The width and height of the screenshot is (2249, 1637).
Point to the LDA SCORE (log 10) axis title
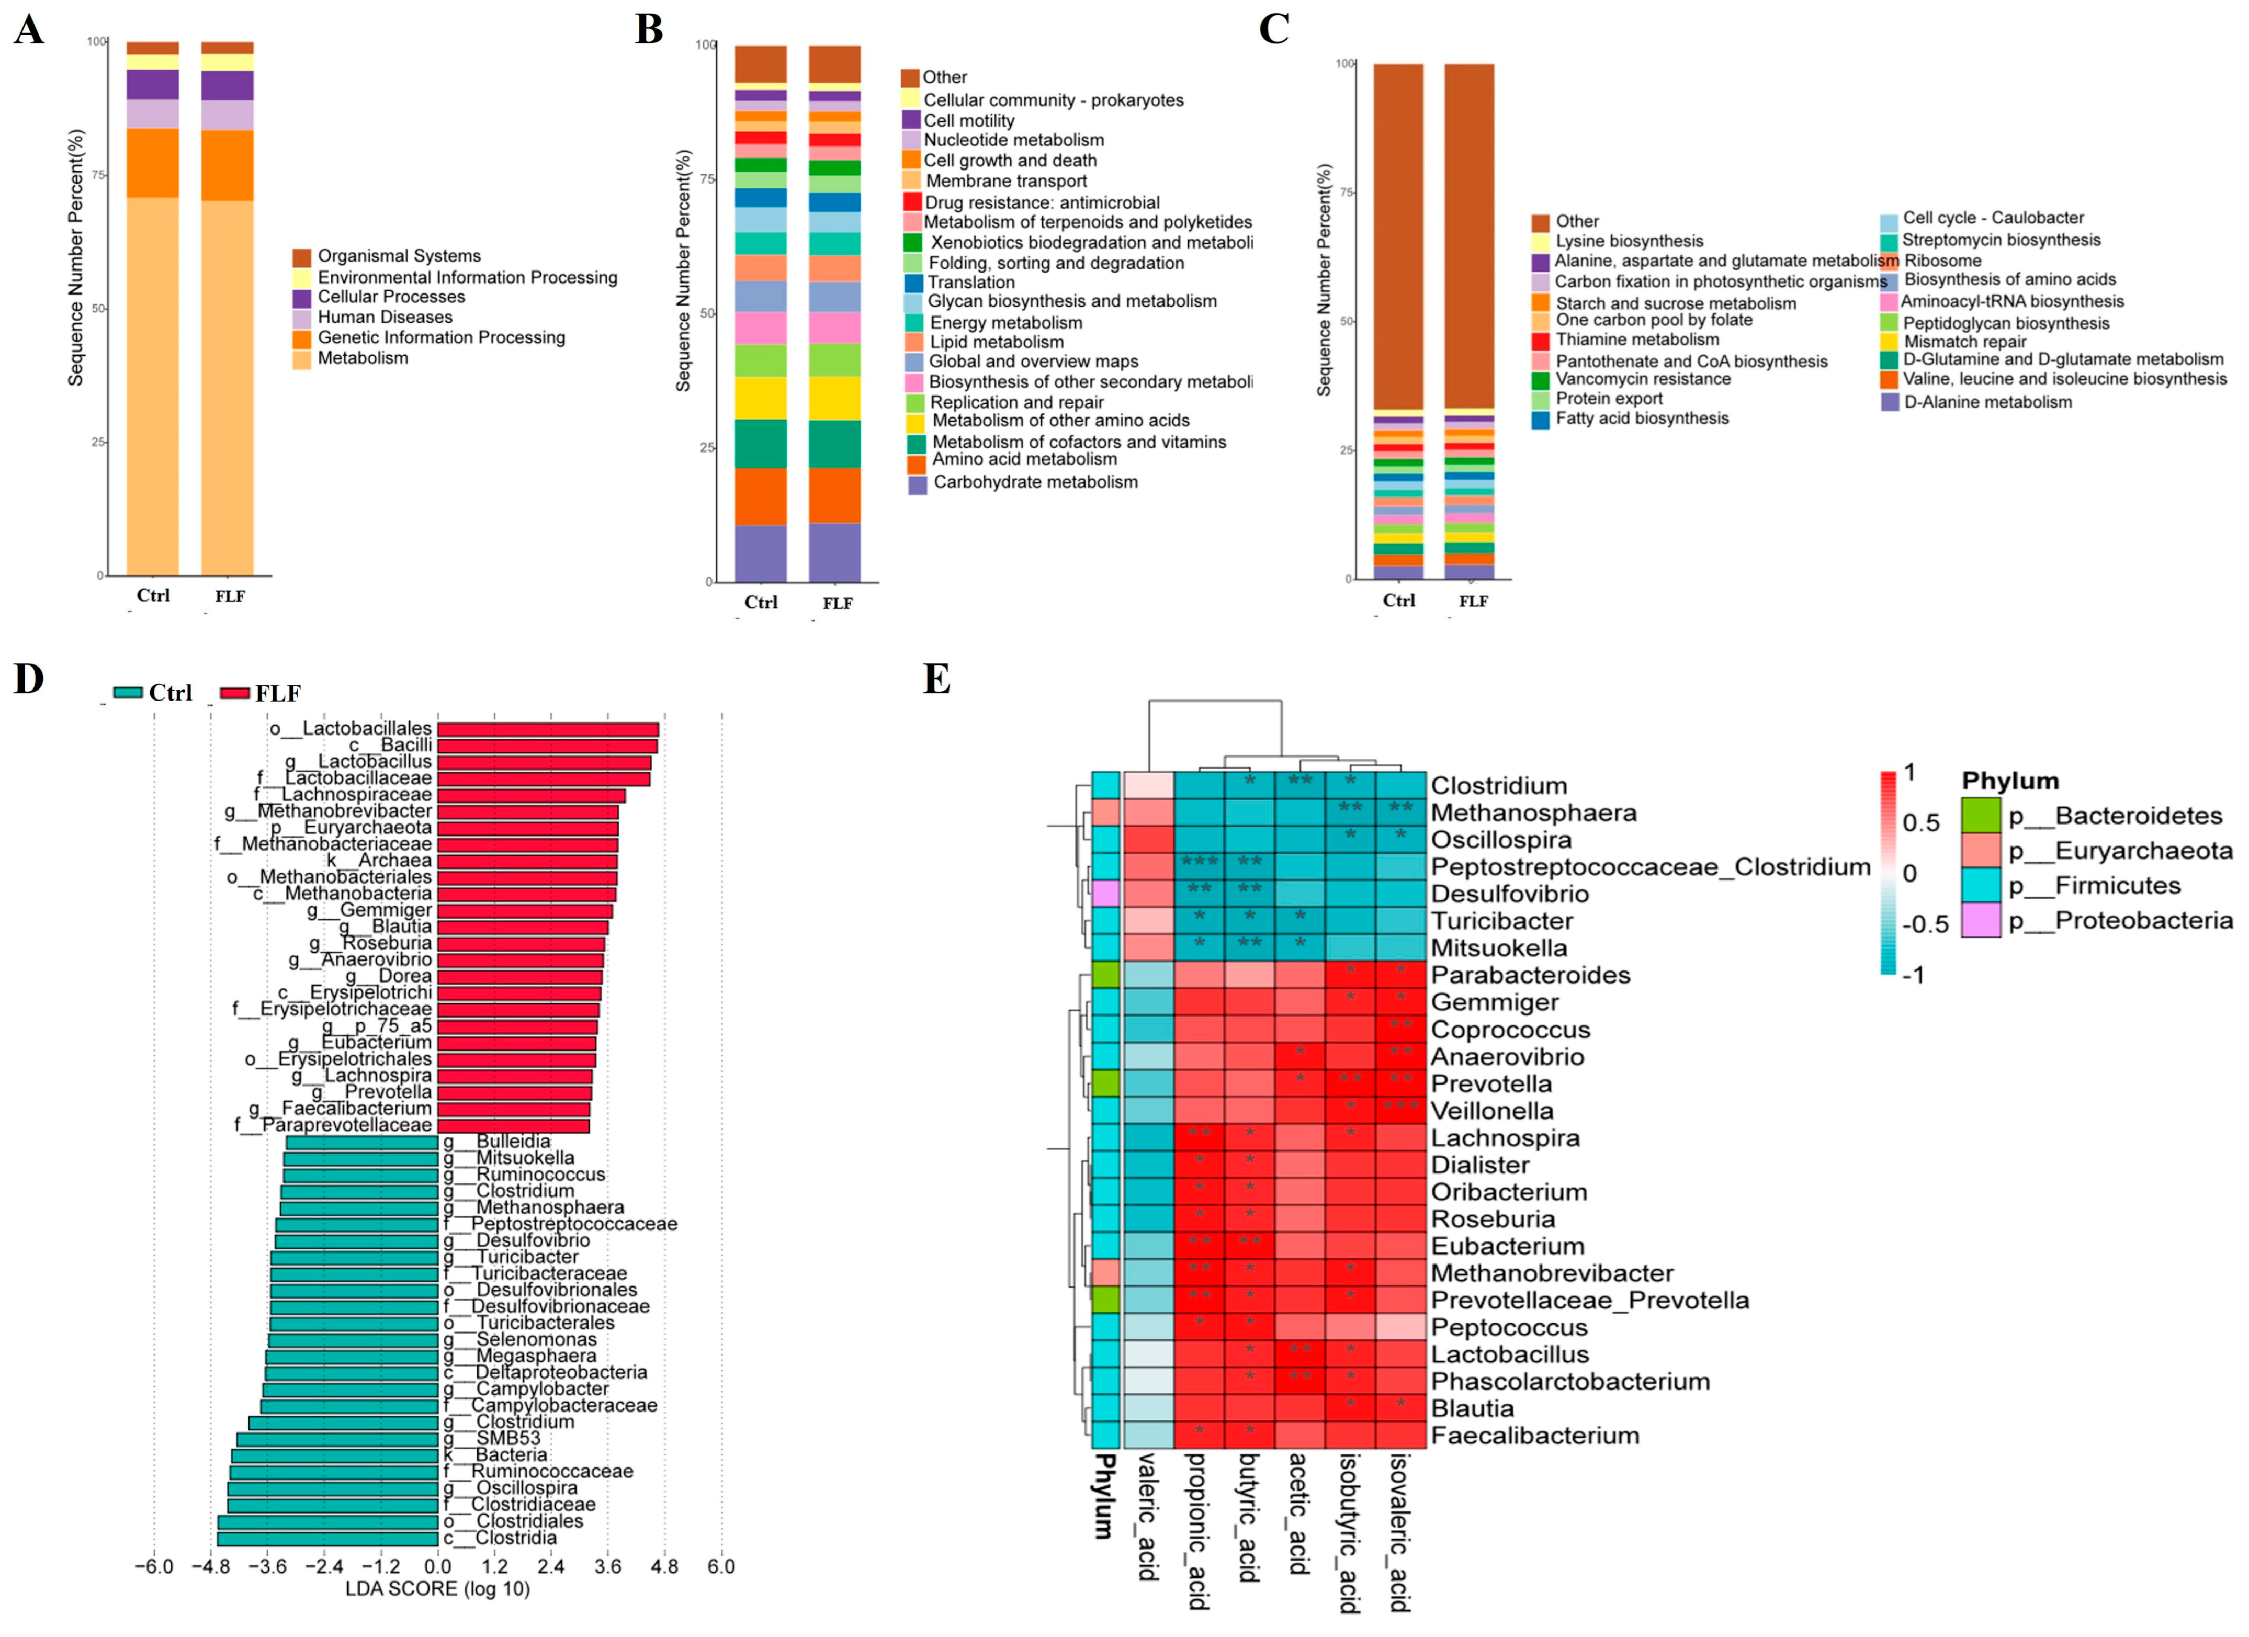(437, 1589)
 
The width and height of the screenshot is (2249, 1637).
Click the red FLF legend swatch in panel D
(234, 693)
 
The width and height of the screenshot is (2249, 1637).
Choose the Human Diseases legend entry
(384, 317)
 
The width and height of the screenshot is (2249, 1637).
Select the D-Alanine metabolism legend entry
(1987, 402)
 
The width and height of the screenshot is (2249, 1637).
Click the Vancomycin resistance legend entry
(1642, 380)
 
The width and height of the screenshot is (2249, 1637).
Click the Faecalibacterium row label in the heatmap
(1534, 1436)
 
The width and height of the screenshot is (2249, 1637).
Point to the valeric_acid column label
(1147, 1517)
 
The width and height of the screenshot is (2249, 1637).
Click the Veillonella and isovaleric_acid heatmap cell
(1400, 1111)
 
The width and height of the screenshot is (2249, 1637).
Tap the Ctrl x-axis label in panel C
(1398, 601)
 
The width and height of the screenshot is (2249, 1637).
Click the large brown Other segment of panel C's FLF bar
(1468, 238)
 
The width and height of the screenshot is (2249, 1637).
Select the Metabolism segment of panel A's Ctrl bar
(153, 387)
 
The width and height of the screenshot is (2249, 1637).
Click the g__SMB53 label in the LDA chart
(507, 1439)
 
